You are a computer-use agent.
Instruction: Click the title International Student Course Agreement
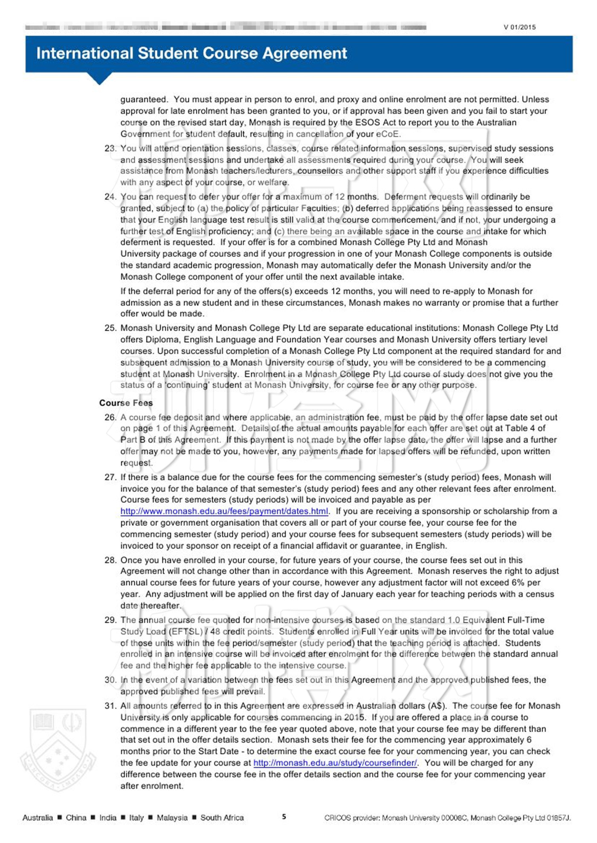(191, 53)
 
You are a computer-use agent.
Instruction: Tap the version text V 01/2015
(519, 27)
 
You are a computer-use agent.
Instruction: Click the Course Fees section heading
(126, 403)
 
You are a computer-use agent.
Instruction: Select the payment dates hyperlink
(224, 511)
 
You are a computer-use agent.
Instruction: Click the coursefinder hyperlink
(335, 762)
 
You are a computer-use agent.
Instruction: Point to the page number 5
(284, 817)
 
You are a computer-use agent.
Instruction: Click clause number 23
(110, 148)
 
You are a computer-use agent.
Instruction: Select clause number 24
(110, 197)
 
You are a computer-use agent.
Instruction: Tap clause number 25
(110, 328)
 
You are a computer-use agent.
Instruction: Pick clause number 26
(110, 417)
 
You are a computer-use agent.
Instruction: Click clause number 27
(110, 477)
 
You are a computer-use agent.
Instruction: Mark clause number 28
(110, 560)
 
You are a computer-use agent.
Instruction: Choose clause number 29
(110, 620)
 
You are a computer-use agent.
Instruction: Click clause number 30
(110, 680)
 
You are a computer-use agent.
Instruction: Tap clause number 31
(110, 706)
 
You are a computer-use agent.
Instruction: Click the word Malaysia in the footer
(172, 817)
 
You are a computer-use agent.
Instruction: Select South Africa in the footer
(222, 817)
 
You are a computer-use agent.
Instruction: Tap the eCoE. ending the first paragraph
(388, 134)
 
